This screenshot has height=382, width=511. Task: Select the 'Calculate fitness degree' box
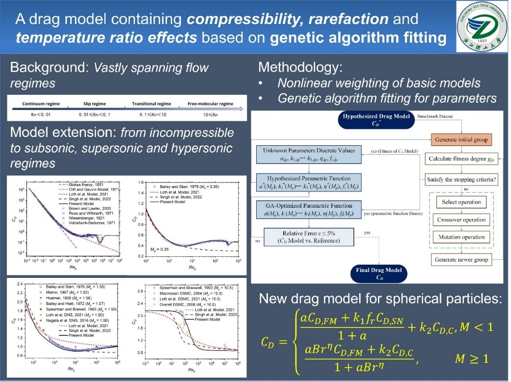pyautogui.click(x=461, y=159)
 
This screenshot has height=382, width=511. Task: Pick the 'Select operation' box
pyautogui.click(x=461, y=202)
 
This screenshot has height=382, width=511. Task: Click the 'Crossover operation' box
pyautogui.click(x=461, y=219)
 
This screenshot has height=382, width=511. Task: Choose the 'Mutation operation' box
pyautogui.click(x=461, y=237)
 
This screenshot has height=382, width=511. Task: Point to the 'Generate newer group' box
pyautogui.click(x=461, y=259)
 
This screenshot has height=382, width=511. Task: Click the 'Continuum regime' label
pyautogui.click(x=42, y=104)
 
